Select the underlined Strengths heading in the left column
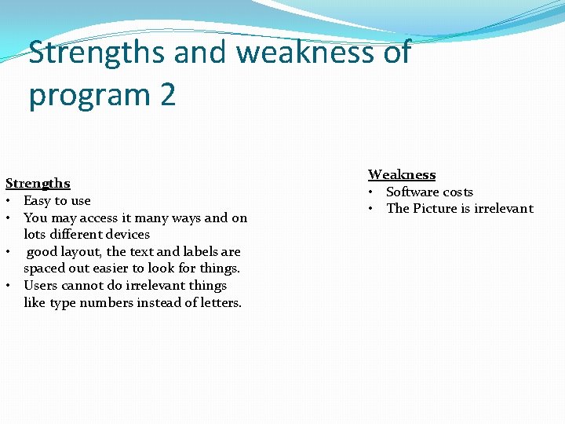pos(38,184)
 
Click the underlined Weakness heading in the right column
pos(402,174)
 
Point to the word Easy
pos(38,201)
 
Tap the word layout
pos(81,252)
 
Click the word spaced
pos(46,269)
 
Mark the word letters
pos(217,303)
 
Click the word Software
pos(413,192)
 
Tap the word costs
pos(458,192)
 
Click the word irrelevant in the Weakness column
pos(503,209)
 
